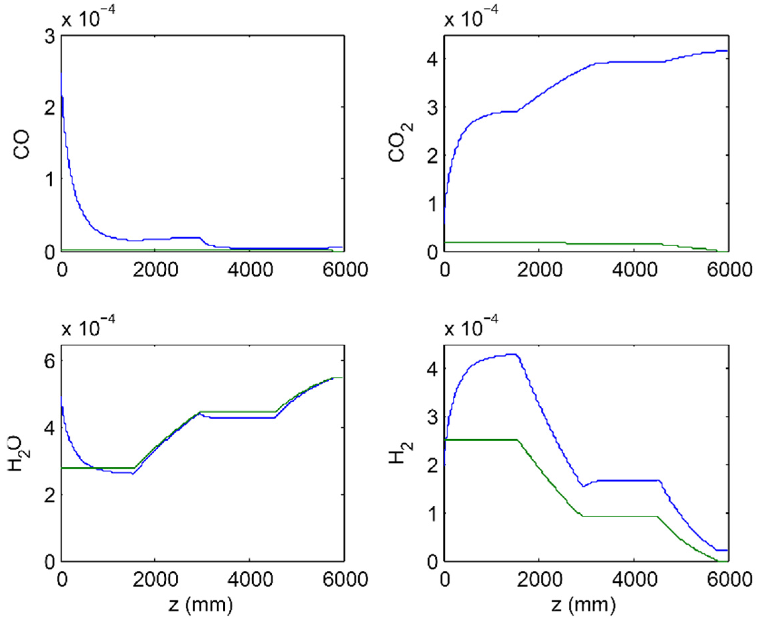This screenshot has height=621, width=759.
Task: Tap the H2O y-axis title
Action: point(22,454)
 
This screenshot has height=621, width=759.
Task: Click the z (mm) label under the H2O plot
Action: point(200,605)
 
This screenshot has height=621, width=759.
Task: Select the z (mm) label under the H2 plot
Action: point(583,605)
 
